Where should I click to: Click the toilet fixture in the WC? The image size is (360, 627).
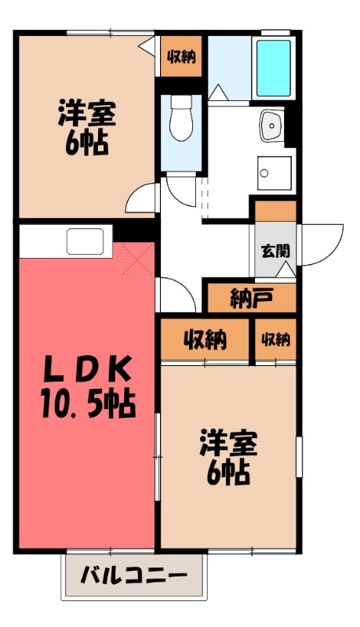[182, 119]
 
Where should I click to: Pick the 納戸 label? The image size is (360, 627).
[251, 299]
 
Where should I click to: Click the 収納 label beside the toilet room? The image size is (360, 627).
[181, 56]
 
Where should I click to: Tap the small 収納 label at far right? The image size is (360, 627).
[276, 339]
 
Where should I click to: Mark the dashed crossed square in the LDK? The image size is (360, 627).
[137, 259]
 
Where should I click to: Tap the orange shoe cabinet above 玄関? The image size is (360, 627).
[275, 211]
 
